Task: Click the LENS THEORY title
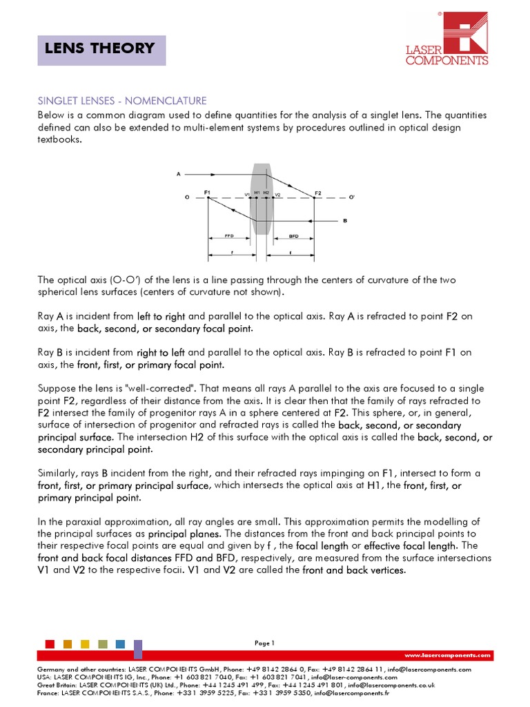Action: pos(99,48)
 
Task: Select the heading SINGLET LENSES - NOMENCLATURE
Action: pos(121,101)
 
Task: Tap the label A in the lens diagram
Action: pos(178,174)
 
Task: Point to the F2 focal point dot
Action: pos(315,197)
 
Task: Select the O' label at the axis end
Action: pos(352,198)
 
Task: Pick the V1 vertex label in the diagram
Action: pos(246,195)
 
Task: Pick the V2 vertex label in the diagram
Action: pos(277,195)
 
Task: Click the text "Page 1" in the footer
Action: pos(264,643)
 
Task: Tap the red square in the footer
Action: pos(50,644)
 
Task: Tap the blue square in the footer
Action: pos(121,644)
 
